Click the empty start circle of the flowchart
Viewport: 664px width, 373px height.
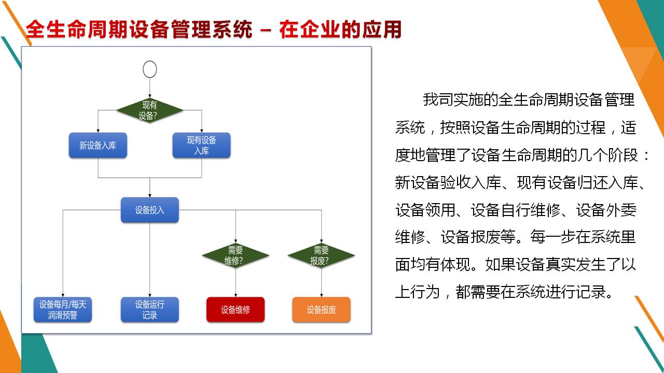click(150, 69)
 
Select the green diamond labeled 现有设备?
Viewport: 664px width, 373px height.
click(150, 110)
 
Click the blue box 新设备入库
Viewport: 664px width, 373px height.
click(98, 146)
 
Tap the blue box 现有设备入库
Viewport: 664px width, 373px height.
click(201, 146)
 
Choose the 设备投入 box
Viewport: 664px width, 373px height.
click(150, 210)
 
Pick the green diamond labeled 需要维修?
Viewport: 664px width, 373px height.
click(236, 255)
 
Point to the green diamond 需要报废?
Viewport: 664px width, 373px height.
click(321, 255)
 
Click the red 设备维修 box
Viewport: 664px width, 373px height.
click(236, 310)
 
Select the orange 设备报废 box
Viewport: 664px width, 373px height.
click(321, 310)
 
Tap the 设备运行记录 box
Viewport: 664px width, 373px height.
click(150, 310)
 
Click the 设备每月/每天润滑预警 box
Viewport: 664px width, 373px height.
click(63, 310)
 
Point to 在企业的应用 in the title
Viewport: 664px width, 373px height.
click(340, 30)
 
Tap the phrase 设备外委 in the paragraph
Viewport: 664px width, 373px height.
click(606, 210)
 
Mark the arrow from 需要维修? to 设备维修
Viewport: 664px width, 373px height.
click(236, 283)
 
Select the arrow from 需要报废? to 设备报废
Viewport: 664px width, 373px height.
click(321, 283)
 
